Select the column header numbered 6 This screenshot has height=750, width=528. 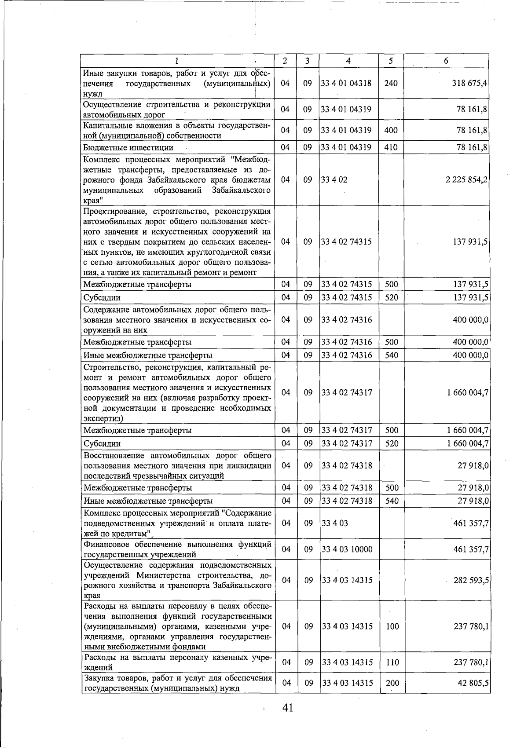click(x=446, y=61)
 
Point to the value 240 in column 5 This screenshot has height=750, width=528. click(x=391, y=83)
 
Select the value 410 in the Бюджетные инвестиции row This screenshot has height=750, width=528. click(x=391, y=147)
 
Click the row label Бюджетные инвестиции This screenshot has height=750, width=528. click(x=128, y=148)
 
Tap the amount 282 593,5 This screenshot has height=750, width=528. click(x=471, y=580)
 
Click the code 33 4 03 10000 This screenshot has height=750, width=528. click(x=347, y=549)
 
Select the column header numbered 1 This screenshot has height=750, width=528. click(x=177, y=61)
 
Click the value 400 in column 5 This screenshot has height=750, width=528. click(x=391, y=130)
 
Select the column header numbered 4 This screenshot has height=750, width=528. click(x=348, y=61)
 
